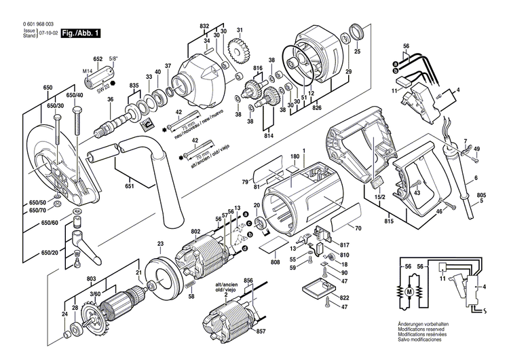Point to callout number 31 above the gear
(240, 31)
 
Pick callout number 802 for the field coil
(196, 232)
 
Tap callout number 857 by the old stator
(261, 331)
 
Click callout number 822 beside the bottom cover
(345, 298)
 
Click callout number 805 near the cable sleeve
(481, 196)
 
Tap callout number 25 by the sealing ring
(358, 52)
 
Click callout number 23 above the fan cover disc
(160, 243)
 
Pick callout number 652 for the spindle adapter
(98, 59)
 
